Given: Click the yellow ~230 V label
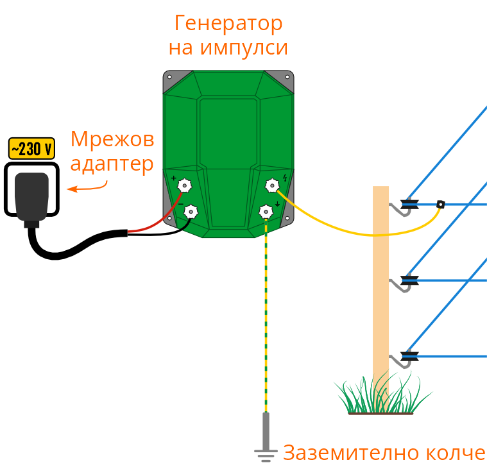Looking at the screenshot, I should pos(31,149).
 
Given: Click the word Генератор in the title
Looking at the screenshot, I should pos(228,24).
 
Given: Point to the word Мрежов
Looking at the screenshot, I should pos(112,139).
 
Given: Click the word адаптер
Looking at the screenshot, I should pos(112,163).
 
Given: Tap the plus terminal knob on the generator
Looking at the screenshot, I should pos(185,186).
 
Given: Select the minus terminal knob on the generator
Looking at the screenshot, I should pos(191,211).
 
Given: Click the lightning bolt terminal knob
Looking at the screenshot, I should pos(272,186).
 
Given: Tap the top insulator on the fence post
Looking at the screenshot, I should pos(409,205).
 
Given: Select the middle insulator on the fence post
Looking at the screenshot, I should pos(409,280).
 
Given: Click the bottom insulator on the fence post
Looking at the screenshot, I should pos(409,356).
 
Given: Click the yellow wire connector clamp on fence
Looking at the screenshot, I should pos(441,205).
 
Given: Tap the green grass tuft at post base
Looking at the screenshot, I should pos(379,398).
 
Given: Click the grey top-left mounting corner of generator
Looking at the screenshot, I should pos(171,78).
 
